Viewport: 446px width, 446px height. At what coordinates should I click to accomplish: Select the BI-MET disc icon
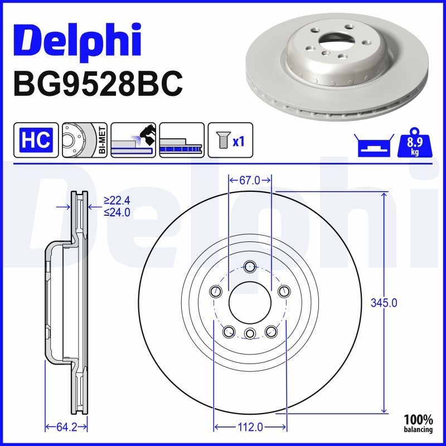click(84, 139)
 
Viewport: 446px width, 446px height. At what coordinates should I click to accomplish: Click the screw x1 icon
click(229, 140)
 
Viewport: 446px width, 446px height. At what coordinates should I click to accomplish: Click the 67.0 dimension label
click(250, 180)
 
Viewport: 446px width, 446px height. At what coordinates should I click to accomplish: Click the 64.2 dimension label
click(65, 427)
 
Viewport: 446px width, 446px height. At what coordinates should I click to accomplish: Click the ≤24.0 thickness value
click(117, 212)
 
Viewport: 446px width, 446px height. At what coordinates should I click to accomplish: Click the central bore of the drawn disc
click(249, 302)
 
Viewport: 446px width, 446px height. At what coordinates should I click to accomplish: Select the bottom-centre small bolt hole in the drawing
click(249, 333)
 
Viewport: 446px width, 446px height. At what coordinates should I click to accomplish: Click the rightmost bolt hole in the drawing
click(284, 290)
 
